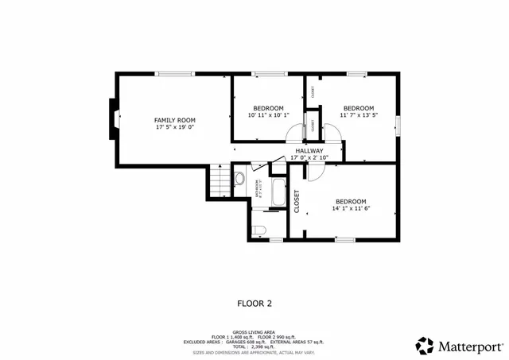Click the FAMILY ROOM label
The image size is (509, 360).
click(x=174, y=119)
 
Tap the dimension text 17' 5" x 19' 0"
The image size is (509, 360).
click(x=174, y=126)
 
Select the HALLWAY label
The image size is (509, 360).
click(x=309, y=150)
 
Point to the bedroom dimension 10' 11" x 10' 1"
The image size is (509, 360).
click(x=269, y=115)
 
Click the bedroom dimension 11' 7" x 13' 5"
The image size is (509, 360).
click(x=358, y=115)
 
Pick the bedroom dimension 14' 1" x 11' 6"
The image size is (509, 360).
click(x=351, y=208)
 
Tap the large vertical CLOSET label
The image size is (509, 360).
click(x=297, y=203)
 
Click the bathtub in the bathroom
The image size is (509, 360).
click(x=278, y=192)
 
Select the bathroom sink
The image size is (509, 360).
click(x=239, y=178)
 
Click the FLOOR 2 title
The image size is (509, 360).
click(x=254, y=303)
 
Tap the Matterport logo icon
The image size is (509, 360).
click(x=425, y=346)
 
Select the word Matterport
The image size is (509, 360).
click(x=470, y=346)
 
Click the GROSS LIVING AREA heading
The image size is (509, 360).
click(x=254, y=332)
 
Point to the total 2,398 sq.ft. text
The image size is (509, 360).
click(x=254, y=347)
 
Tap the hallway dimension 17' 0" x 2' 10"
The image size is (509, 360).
click(x=309, y=157)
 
